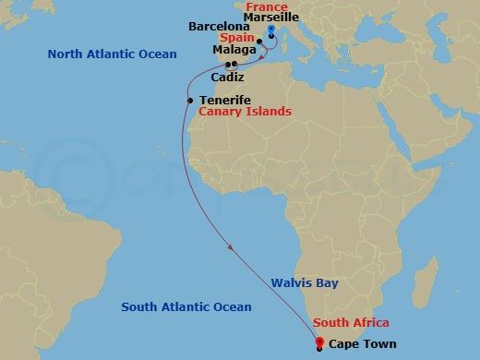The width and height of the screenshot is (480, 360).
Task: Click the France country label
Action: pyautogui.click(x=267, y=6)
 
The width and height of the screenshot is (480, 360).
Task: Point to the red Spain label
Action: pyautogui.click(x=236, y=39)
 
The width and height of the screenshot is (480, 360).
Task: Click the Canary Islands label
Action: pyautogui.click(x=246, y=111)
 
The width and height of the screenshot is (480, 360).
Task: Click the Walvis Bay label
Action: pyautogui.click(x=306, y=283)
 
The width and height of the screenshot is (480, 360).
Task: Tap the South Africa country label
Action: pyautogui.click(x=351, y=322)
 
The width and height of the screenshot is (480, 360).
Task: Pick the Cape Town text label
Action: pyautogui.click(x=363, y=344)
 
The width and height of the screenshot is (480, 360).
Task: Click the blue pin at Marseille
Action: pyautogui.click(x=271, y=30)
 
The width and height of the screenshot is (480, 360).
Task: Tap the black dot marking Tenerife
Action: pyautogui.click(x=189, y=100)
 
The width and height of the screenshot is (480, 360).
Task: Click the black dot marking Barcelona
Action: pyautogui.click(x=258, y=41)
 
